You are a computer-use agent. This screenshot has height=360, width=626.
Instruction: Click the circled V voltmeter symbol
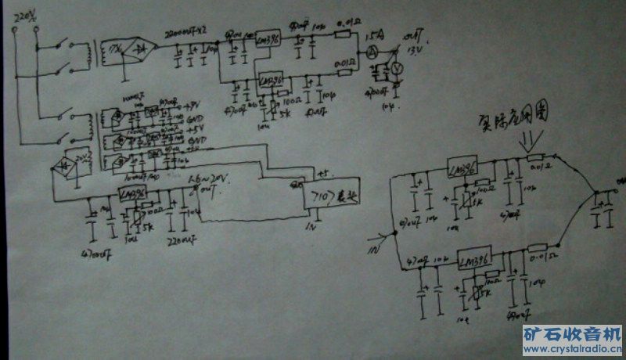point(397,70)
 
